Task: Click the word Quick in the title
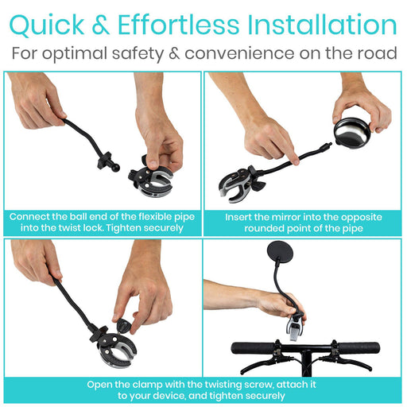pos(47,25)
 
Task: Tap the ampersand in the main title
pos(101,25)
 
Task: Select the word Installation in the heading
pos(322,25)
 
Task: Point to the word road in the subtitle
pos(378,53)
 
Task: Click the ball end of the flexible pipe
pos(114,167)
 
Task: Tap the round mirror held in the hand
pos(352,134)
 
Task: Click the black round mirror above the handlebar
pos(281,252)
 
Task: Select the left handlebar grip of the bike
pos(253,348)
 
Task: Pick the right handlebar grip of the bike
pos(359,348)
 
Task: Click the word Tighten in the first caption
pos(123,228)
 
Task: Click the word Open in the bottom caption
pos(99,385)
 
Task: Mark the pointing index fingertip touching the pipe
pos(295,161)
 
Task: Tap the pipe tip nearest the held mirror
pos(330,144)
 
